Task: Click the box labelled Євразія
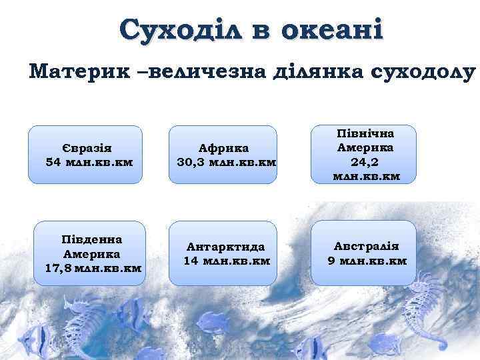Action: tap(85, 154)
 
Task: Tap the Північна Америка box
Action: tap(363, 154)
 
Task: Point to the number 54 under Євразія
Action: tap(55, 162)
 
